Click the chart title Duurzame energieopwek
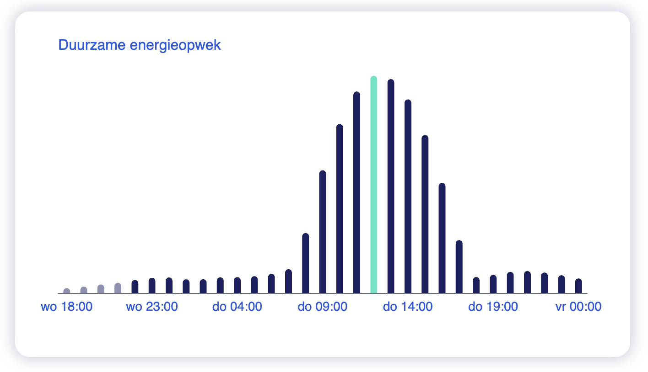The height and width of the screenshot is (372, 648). [x=140, y=45]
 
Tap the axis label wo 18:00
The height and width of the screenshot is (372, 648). [x=67, y=307]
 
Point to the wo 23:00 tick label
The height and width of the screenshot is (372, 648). [x=152, y=307]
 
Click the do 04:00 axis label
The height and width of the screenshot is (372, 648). [x=237, y=307]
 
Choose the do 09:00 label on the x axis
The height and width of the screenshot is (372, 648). [x=322, y=307]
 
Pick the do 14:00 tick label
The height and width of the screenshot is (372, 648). [x=408, y=307]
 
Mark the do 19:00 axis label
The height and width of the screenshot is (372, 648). [x=493, y=307]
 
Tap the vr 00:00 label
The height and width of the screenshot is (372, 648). [x=578, y=307]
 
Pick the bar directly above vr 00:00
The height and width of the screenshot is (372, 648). [x=578, y=286]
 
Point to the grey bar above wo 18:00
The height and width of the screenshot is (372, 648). [x=67, y=291]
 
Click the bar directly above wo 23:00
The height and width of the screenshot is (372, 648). [x=152, y=286]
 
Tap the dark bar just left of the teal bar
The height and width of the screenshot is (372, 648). [x=356, y=192]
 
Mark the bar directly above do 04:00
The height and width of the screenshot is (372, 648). [x=237, y=285]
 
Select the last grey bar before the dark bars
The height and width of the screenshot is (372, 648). [x=118, y=288]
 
